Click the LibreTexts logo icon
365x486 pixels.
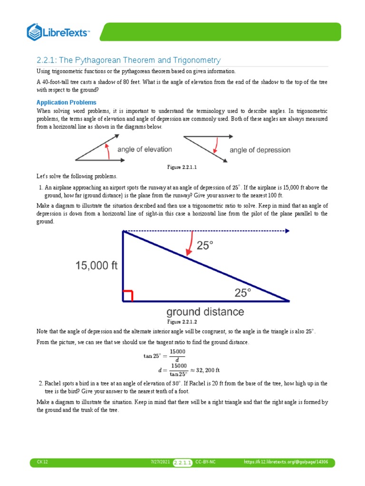pyautogui.click(x=35, y=32)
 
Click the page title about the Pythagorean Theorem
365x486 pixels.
pyautogui.click(x=128, y=60)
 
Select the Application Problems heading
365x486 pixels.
pyautogui.click(x=67, y=103)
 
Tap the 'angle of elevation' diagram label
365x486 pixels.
pyautogui.click(x=144, y=150)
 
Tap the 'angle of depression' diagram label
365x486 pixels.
pyautogui.click(x=260, y=150)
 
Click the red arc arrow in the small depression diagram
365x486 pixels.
pyautogui.click(x=217, y=143)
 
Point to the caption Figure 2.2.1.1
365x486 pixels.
pyautogui.click(x=182, y=168)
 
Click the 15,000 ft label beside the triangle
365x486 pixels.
pyautogui.click(x=96, y=266)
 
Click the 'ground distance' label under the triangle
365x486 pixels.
pyautogui.click(x=205, y=312)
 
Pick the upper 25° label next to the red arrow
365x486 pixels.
pyautogui.click(x=205, y=245)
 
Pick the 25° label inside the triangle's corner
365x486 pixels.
pyautogui.click(x=242, y=293)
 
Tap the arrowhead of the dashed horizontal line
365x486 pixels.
pyautogui.click(x=287, y=231)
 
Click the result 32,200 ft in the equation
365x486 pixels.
pyautogui.click(x=206, y=369)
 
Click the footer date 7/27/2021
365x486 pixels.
pyautogui.click(x=159, y=462)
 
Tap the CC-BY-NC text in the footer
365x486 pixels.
pyautogui.click(x=205, y=462)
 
